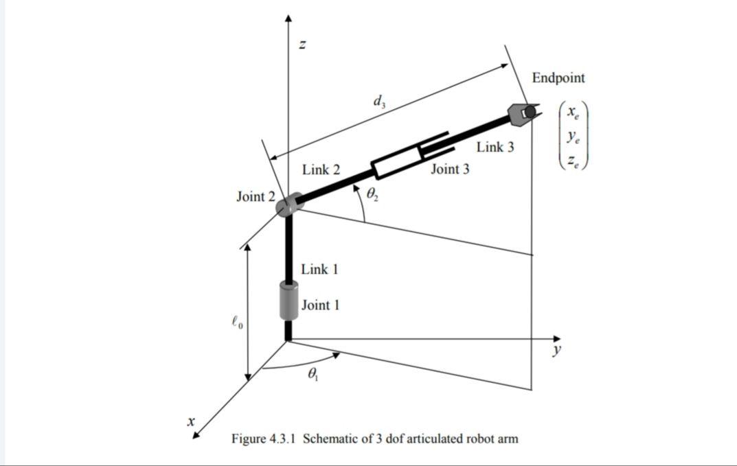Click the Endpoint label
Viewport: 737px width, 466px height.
tap(558, 78)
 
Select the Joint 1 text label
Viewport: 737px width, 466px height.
tap(320, 305)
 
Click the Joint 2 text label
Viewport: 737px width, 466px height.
tap(255, 197)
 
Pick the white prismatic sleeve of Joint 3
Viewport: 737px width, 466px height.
tap(398, 160)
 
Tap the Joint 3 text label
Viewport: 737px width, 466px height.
tap(450, 169)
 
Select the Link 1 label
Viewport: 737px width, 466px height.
tap(319, 269)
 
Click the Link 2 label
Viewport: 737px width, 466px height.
tap(321, 170)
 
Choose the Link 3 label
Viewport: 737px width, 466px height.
tap(495, 147)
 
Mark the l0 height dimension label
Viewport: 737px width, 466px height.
tap(235, 321)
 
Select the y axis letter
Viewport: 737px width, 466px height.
tap(556, 350)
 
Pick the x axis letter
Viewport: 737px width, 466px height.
tap(192, 420)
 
